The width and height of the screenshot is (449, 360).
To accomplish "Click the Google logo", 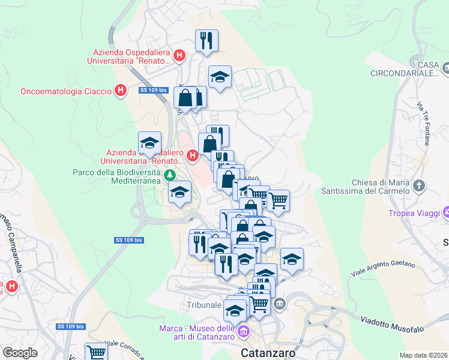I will coord(20,353).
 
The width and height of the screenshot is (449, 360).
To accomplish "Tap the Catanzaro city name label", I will coord(268,352).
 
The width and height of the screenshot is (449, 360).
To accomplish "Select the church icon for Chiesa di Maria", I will coord(419,185).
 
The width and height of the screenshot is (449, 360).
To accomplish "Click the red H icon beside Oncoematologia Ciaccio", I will coord(120,91).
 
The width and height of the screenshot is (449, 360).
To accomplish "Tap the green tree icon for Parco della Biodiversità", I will coord(170,175).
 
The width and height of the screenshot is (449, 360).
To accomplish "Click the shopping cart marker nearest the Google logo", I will coord(96,352).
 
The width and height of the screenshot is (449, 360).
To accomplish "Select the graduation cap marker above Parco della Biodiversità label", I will coord(149,143).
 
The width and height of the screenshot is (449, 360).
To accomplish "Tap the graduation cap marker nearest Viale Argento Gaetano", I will coord(292,259).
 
